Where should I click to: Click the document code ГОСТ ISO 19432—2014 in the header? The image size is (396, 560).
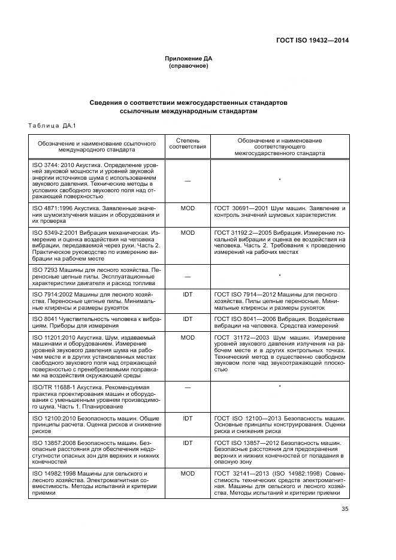point(312,40)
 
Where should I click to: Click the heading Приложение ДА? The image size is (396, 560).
point(189,58)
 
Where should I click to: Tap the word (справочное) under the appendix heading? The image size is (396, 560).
point(189,65)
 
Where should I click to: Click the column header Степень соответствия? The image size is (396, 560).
point(188,143)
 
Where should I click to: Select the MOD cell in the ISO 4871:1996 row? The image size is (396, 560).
point(188,207)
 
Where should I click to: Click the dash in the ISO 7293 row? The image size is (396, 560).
point(188,276)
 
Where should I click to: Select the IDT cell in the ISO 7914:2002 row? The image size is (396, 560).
point(188,295)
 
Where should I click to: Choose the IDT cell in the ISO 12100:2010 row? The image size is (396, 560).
point(188,417)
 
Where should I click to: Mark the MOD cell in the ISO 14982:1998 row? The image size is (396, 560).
point(188,473)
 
